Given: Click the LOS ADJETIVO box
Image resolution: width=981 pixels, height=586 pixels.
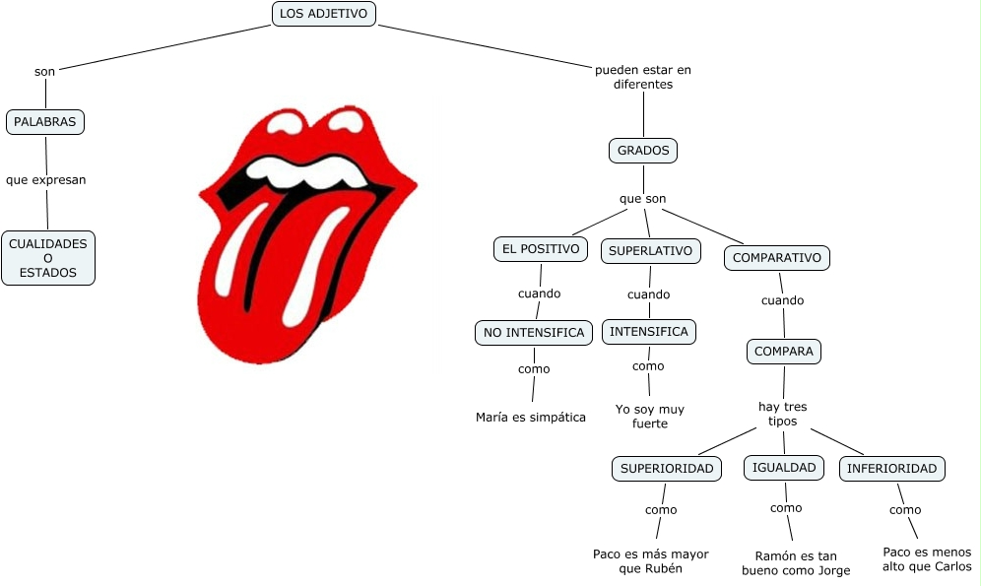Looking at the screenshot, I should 323,14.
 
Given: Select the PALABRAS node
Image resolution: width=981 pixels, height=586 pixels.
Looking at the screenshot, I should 45,122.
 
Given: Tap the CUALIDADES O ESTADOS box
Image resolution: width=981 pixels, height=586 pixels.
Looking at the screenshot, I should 48,258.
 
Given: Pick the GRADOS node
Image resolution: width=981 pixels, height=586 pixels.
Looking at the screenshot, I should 643,151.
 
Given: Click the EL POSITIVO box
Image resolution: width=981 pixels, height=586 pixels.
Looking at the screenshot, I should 540,249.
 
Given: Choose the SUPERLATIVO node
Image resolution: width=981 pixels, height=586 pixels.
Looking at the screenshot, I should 650,250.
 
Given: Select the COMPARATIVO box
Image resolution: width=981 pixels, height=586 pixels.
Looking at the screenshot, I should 777,258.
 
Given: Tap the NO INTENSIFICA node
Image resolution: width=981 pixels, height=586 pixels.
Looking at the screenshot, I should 534,332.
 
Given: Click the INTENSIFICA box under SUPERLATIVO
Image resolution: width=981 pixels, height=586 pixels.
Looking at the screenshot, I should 649,332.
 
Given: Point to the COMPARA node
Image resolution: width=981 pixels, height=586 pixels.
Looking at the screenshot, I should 784,352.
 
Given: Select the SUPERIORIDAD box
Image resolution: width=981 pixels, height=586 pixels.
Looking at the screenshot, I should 667,468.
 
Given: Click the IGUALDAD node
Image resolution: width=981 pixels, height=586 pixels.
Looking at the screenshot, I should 784,467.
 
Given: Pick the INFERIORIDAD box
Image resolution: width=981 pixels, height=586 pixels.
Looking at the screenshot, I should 891,468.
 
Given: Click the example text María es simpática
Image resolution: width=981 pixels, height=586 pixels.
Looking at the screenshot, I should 530,417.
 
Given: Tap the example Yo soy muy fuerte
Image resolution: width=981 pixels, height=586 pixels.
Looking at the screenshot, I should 649,416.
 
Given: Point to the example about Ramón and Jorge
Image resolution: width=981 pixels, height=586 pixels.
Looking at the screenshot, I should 796,562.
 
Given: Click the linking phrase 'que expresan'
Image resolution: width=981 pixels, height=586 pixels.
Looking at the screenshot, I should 45,180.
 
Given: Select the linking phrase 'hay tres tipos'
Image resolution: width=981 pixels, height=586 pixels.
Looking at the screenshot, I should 782,414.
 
